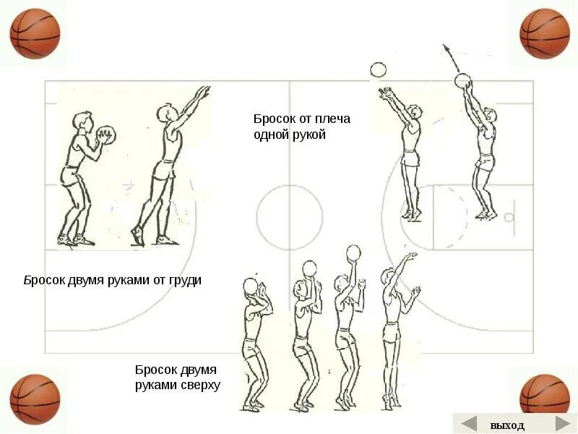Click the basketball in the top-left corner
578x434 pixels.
[35, 34]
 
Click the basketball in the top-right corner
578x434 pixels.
[545, 34]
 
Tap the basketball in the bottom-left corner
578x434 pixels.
[35, 399]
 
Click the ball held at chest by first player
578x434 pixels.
[105, 137]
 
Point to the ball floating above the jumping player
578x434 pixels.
[378, 70]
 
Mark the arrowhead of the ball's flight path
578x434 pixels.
[445, 48]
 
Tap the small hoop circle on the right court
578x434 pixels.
[509, 217]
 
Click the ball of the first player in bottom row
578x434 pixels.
[251, 286]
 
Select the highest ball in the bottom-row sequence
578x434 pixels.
[353, 253]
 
